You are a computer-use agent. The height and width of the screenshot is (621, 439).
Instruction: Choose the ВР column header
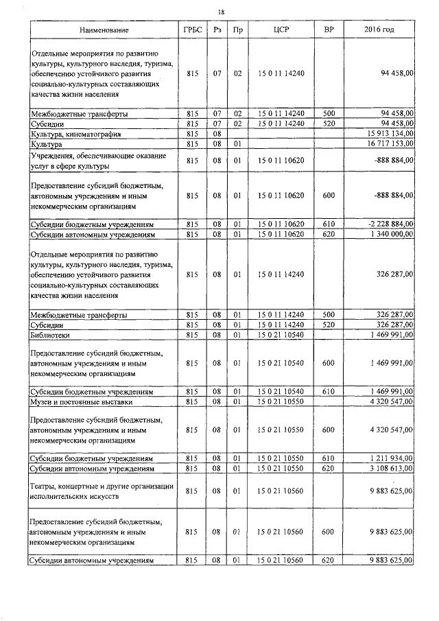[329, 31]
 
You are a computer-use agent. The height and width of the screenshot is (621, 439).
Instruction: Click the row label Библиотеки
[50, 336]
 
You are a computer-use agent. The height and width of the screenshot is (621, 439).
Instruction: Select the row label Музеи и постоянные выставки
[82, 402]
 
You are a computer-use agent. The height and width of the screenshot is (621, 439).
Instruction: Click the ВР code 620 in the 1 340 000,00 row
[329, 235]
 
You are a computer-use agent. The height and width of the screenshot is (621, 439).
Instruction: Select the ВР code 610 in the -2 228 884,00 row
[329, 224]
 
